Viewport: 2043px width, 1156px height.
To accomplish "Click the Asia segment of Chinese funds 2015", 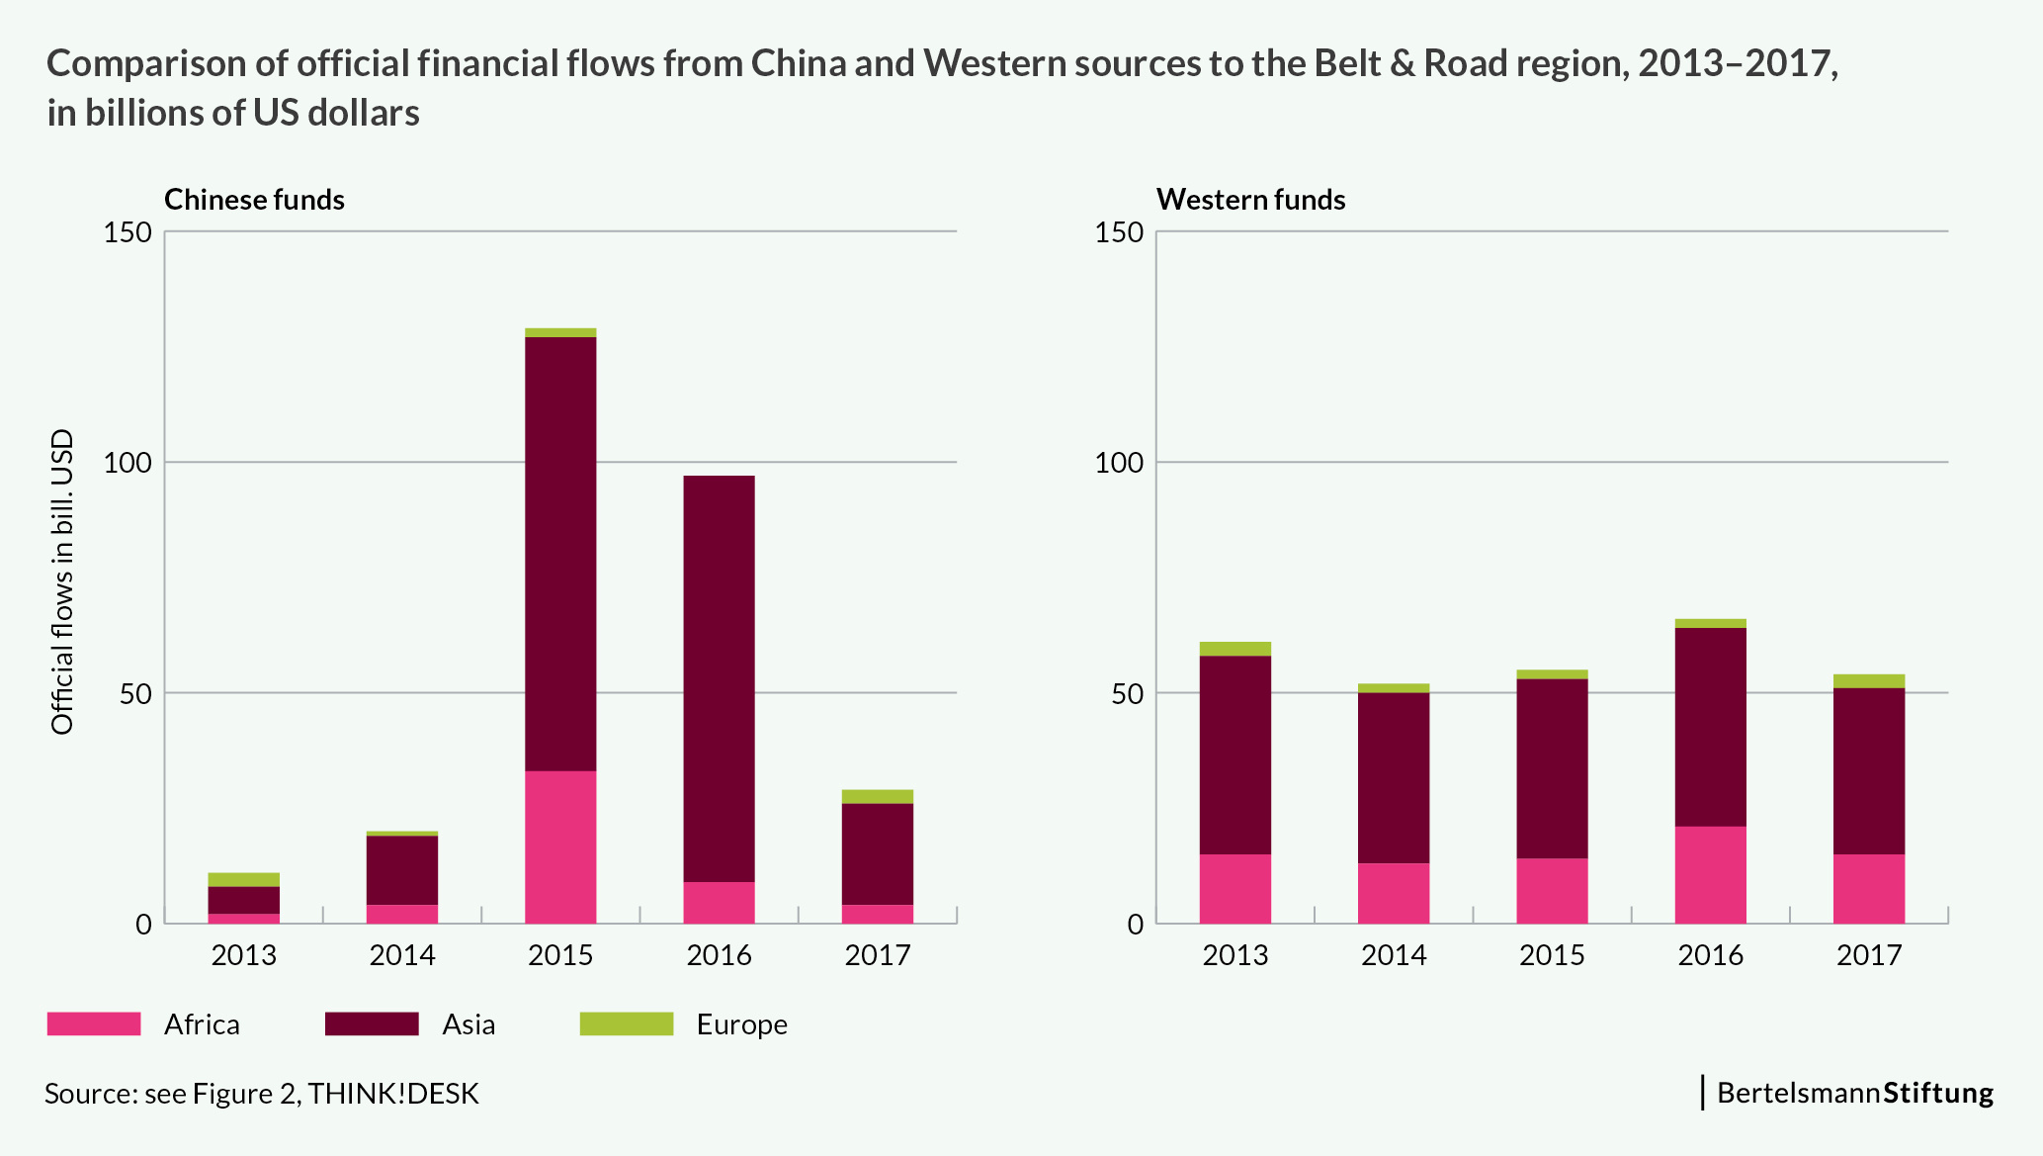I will pyautogui.click(x=560, y=554).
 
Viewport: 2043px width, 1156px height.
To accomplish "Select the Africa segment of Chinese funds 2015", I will pyautogui.click(x=560, y=846).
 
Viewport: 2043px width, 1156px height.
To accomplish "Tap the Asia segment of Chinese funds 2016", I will pyautogui.click(x=719, y=678).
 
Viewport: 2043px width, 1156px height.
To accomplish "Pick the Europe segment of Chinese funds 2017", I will pyautogui.click(x=877, y=796).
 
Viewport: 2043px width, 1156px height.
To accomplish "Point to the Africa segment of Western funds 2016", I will pyautogui.click(x=1710, y=874).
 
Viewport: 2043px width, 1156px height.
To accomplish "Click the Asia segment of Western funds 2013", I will pyautogui.click(x=1234, y=755).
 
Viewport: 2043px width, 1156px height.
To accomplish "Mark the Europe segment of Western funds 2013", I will pyautogui.click(x=1234, y=649).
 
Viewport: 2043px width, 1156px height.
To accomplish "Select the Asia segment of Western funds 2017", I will pyautogui.click(x=1868, y=770).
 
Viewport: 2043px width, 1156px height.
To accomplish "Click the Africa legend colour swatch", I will pyautogui.click(x=94, y=1023).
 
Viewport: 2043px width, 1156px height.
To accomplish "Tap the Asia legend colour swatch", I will pyautogui.click(x=372, y=1023).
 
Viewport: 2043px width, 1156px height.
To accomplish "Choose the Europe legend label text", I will pyautogui.click(x=741, y=1024).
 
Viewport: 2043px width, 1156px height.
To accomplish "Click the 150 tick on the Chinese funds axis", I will pyautogui.click(x=128, y=232).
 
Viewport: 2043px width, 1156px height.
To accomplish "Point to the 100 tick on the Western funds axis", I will pyautogui.click(x=1119, y=463).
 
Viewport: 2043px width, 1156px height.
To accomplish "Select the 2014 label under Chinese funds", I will pyautogui.click(x=402, y=955).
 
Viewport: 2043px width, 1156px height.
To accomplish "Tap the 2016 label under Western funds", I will pyautogui.click(x=1710, y=955).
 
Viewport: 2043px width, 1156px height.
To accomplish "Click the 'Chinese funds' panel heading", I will pyautogui.click(x=254, y=200).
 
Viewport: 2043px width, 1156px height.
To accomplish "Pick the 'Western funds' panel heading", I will pyautogui.click(x=1250, y=200).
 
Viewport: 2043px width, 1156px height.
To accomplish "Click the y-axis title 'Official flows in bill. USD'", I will pyautogui.click(x=62, y=581).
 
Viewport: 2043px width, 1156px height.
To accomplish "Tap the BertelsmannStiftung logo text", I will pyautogui.click(x=1854, y=1093).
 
